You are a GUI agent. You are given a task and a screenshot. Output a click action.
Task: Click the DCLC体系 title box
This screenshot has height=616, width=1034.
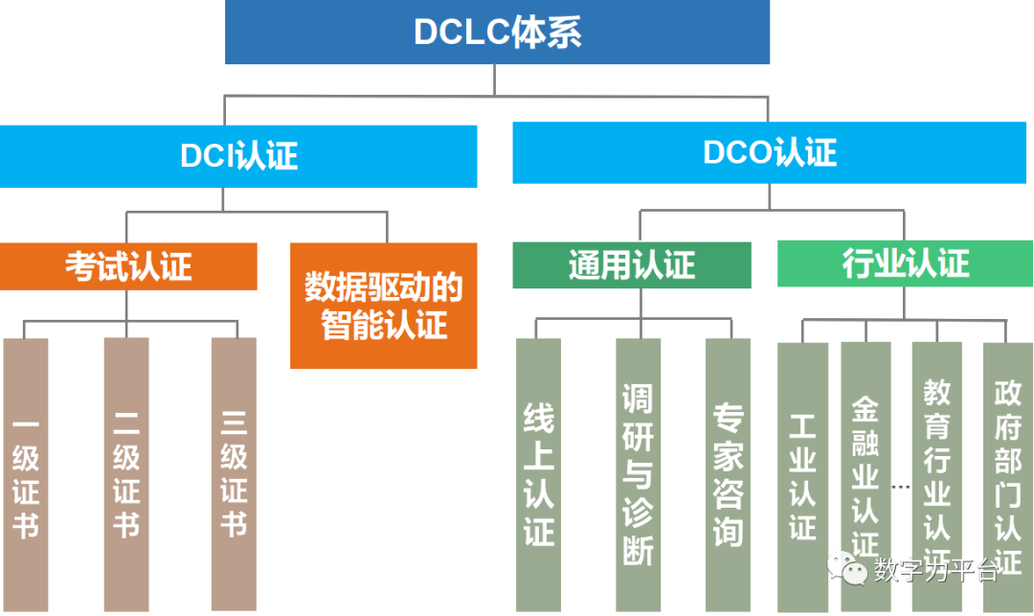[x=497, y=33]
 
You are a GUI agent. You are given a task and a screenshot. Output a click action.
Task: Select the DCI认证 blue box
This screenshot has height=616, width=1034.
[x=238, y=156]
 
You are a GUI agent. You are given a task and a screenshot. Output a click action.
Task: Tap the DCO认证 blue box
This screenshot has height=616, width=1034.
[x=771, y=152]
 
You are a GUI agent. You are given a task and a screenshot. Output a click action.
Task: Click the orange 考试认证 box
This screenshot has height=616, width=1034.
[x=128, y=265]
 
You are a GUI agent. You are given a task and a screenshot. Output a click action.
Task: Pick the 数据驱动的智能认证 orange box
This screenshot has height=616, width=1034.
[x=383, y=305]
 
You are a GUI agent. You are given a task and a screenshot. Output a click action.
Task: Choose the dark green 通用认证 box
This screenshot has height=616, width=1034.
[x=631, y=264]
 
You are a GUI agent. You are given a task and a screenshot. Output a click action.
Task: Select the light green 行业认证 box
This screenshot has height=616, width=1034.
[x=905, y=263]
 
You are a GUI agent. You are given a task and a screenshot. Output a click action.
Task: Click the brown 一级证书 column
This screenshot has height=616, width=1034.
[x=26, y=474]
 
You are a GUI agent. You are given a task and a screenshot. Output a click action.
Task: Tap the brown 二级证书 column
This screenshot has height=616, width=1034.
[x=126, y=474]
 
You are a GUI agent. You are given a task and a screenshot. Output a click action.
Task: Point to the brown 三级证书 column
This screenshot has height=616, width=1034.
[x=234, y=474]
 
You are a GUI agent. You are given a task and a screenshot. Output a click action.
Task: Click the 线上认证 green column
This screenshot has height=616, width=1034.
[x=538, y=474]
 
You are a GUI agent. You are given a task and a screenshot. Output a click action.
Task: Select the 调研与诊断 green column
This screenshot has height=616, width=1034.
[x=638, y=474]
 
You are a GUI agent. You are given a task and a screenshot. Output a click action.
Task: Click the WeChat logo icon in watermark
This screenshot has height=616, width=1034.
[x=847, y=567]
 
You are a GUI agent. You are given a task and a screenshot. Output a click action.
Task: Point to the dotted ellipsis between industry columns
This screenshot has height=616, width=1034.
[x=901, y=486]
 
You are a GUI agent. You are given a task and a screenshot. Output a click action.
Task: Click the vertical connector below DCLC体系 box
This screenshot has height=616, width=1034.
[x=495, y=80]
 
